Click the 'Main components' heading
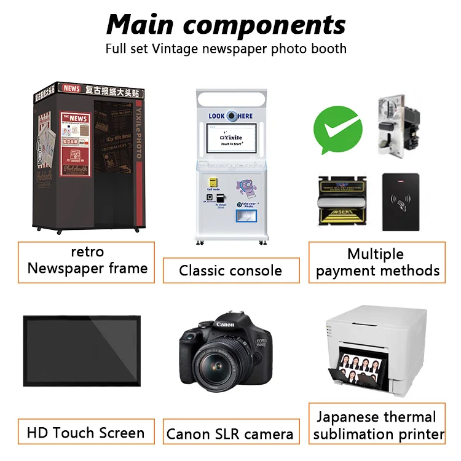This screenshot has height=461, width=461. click(x=226, y=25)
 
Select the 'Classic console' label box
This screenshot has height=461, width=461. click(x=230, y=270)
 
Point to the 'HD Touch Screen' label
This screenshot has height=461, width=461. click(x=86, y=432)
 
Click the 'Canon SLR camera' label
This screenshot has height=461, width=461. click(x=230, y=434)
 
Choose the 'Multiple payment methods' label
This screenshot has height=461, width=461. click(x=377, y=262)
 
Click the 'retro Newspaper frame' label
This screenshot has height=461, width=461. click(x=87, y=261)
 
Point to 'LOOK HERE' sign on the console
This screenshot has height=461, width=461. click(x=230, y=116)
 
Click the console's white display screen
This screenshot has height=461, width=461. click(x=231, y=138)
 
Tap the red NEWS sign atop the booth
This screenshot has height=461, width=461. click(x=72, y=89)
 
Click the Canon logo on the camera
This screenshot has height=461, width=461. click(x=225, y=324)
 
